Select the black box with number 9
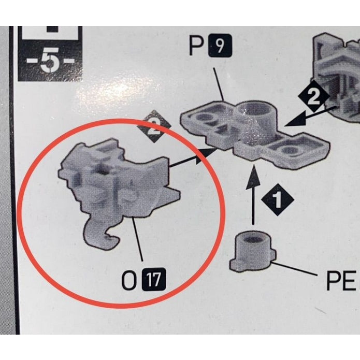pos(220,46)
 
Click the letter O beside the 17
pos(129,280)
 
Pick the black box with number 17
pos(154,279)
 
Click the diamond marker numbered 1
pos(277,200)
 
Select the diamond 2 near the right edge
pos(313,97)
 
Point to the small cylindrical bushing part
pos(253,252)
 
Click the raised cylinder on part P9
pos(254,122)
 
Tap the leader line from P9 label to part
pos(219,84)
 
